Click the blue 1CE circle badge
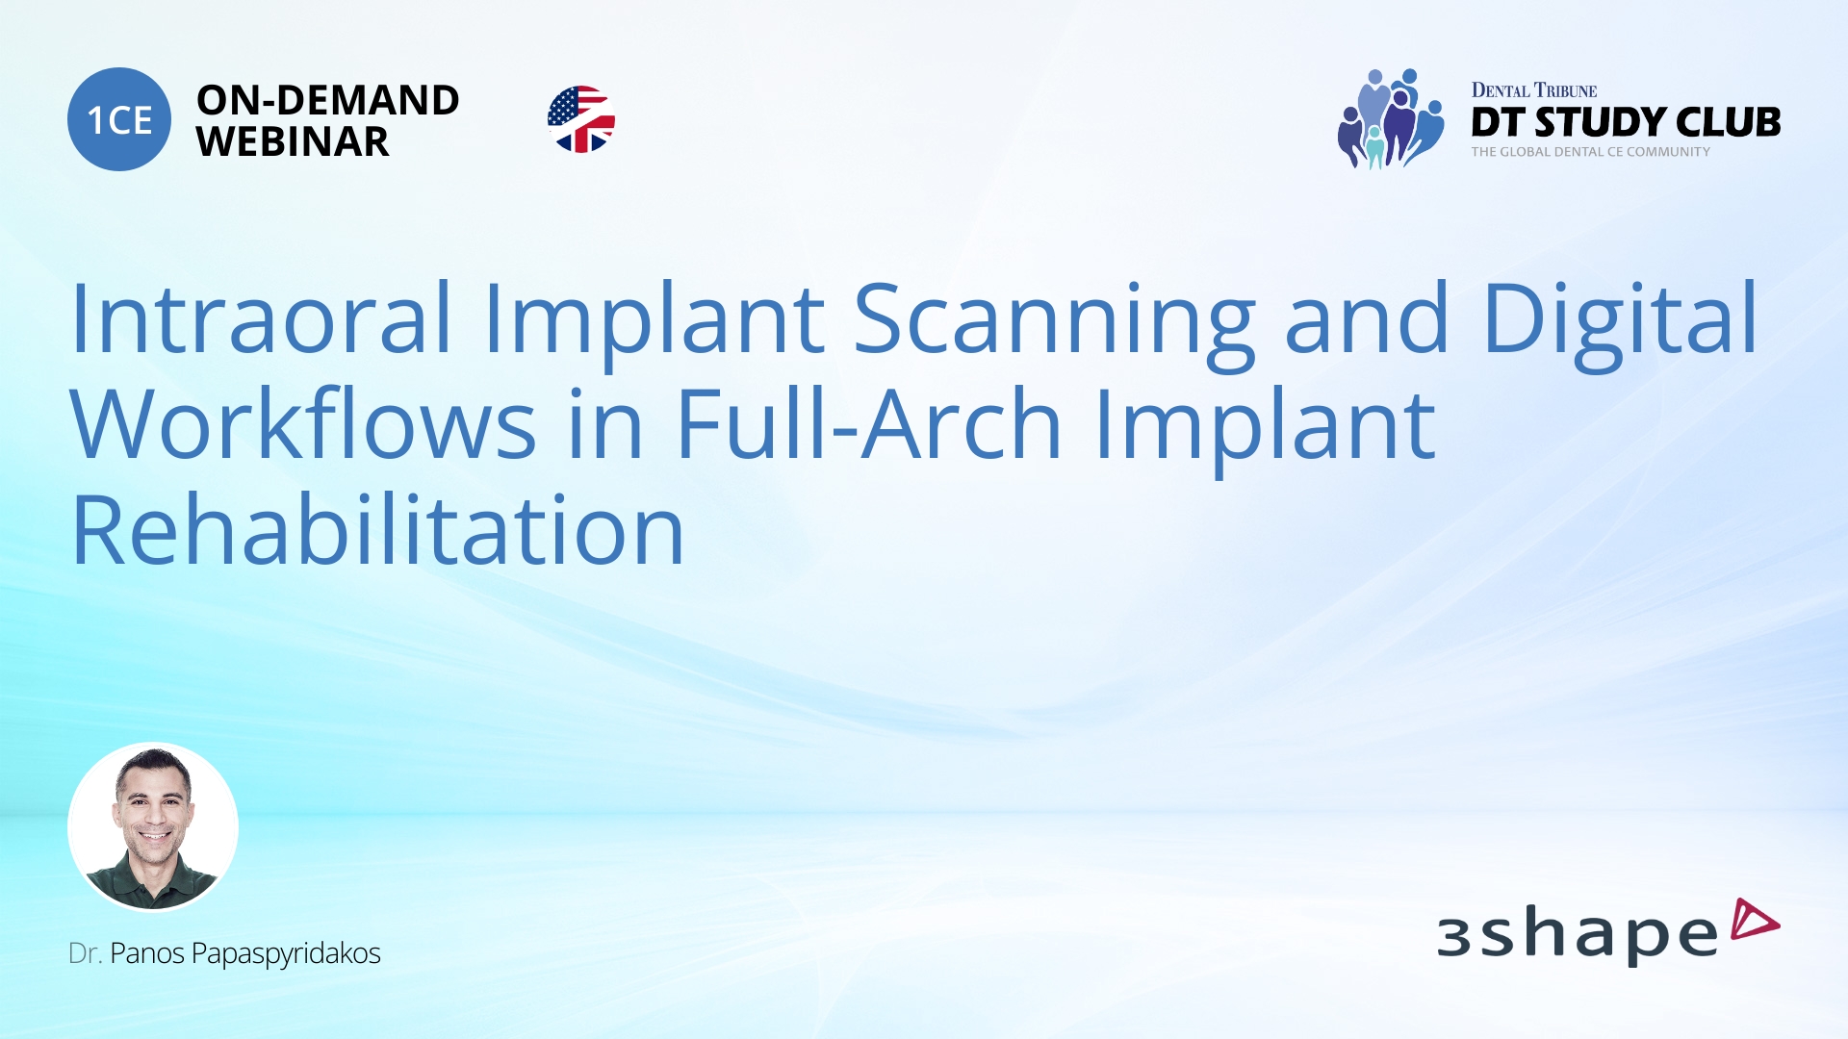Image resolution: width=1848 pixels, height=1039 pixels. coord(119,119)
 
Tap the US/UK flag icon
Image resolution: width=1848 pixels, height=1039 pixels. coord(580,119)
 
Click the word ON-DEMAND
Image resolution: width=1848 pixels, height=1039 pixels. coord(327,100)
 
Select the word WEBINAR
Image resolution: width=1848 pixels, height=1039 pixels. coord(293,142)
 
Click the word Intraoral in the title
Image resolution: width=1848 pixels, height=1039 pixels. coord(261,318)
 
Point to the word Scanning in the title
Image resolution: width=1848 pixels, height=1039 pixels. coord(1054,318)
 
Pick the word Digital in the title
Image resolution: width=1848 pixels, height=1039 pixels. coord(1620,318)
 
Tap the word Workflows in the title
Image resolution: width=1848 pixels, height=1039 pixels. coord(303,424)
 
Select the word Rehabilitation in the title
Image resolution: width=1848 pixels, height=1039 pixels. coord(377,530)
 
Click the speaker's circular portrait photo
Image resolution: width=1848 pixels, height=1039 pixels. coord(153,826)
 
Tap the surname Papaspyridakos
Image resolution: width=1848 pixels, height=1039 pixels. coord(286,953)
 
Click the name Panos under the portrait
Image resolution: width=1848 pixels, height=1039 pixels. coord(147,953)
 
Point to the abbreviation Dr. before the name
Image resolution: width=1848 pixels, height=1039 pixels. coord(85,953)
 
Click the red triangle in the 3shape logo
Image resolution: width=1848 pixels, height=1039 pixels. coord(1753,920)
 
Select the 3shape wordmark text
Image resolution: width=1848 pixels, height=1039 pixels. coord(1577,934)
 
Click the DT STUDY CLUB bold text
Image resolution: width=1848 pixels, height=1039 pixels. coord(1626,122)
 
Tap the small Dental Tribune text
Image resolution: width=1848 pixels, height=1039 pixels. coord(1533,90)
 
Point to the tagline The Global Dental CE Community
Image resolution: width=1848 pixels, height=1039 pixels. coord(1590,152)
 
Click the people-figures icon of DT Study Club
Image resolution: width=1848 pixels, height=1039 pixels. coord(1390,119)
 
